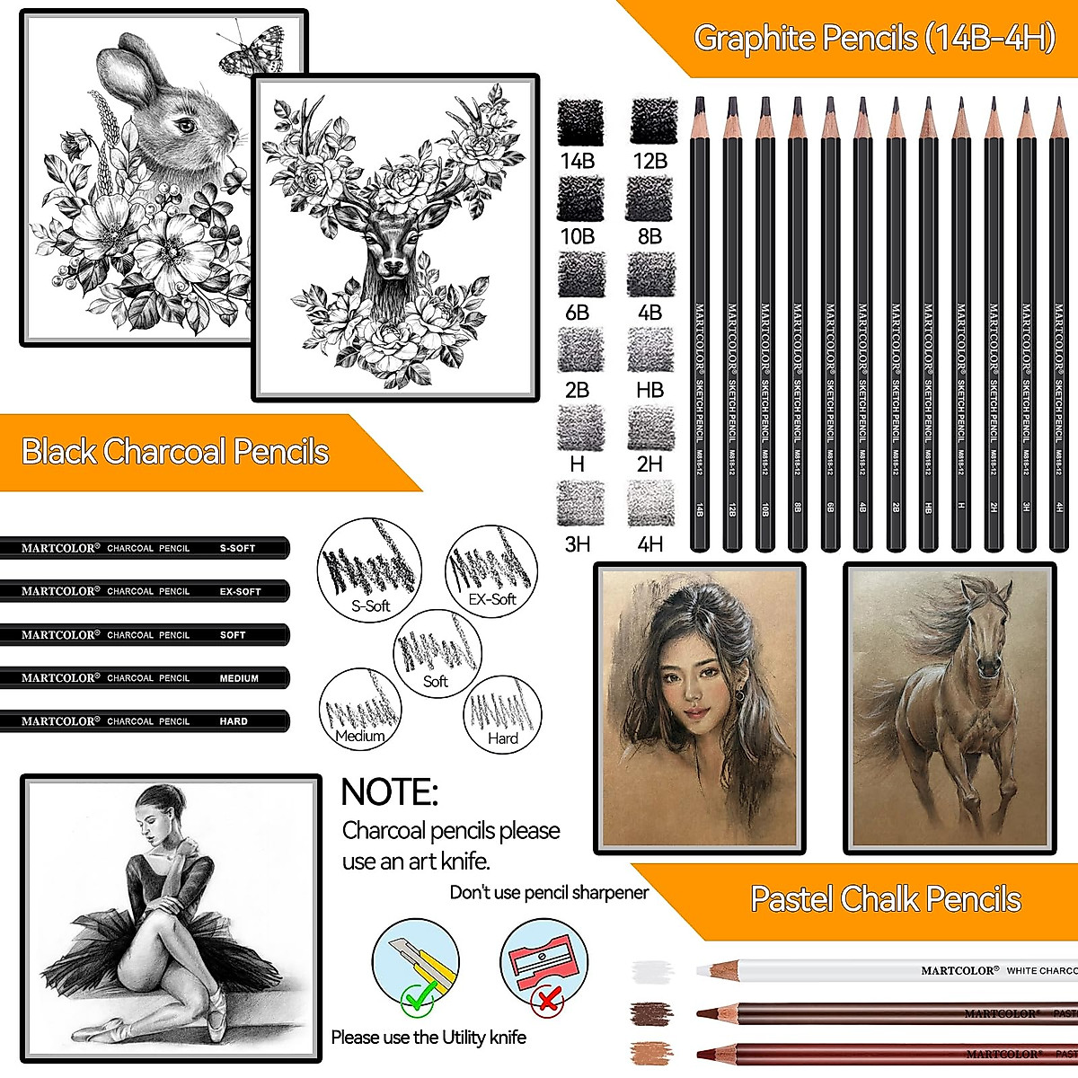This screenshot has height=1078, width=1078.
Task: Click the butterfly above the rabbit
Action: (251, 52)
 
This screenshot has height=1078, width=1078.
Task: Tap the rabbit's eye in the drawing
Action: (186, 124)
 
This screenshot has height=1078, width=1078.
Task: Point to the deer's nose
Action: (393, 267)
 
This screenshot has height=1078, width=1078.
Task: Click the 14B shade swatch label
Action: (578, 161)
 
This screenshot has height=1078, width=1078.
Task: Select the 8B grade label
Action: (649, 236)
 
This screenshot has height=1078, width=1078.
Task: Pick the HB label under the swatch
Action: (649, 390)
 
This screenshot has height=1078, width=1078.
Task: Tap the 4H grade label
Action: (649, 543)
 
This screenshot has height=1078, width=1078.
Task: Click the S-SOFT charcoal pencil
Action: (144, 548)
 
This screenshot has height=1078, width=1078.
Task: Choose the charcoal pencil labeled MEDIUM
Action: (144, 678)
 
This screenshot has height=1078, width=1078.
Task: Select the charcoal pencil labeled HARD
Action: (144, 721)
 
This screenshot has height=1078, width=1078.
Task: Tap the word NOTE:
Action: (389, 792)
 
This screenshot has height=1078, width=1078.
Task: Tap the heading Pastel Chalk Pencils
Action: (886, 899)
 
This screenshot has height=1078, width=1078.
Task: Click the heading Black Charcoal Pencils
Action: (175, 452)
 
